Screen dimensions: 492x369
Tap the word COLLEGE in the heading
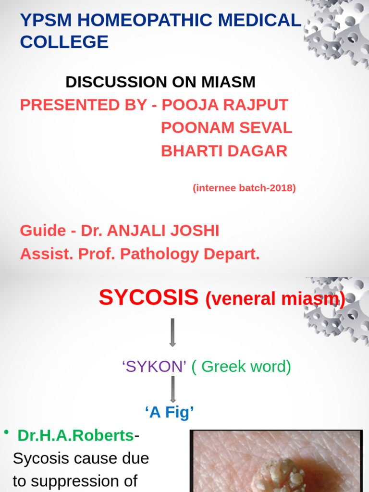click(64, 42)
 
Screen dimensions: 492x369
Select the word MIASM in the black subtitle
click(228, 82)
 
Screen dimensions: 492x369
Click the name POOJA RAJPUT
click(225, 105)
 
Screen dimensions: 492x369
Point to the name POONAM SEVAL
click(226, 128)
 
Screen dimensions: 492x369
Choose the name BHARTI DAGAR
click(224, 151)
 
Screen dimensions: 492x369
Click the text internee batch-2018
click(244, 188)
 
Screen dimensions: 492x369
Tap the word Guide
click(43, 231)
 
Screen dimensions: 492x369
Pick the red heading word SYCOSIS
click(148, 298)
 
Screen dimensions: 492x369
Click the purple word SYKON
click(154, 367)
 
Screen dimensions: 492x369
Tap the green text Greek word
click(241, 367)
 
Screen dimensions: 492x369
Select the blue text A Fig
click(169, 412)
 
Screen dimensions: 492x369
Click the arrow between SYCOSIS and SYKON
click(172, 332)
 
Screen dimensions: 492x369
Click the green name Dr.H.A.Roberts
click(75, 435)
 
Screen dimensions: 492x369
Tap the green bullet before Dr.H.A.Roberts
click(6, 432)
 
